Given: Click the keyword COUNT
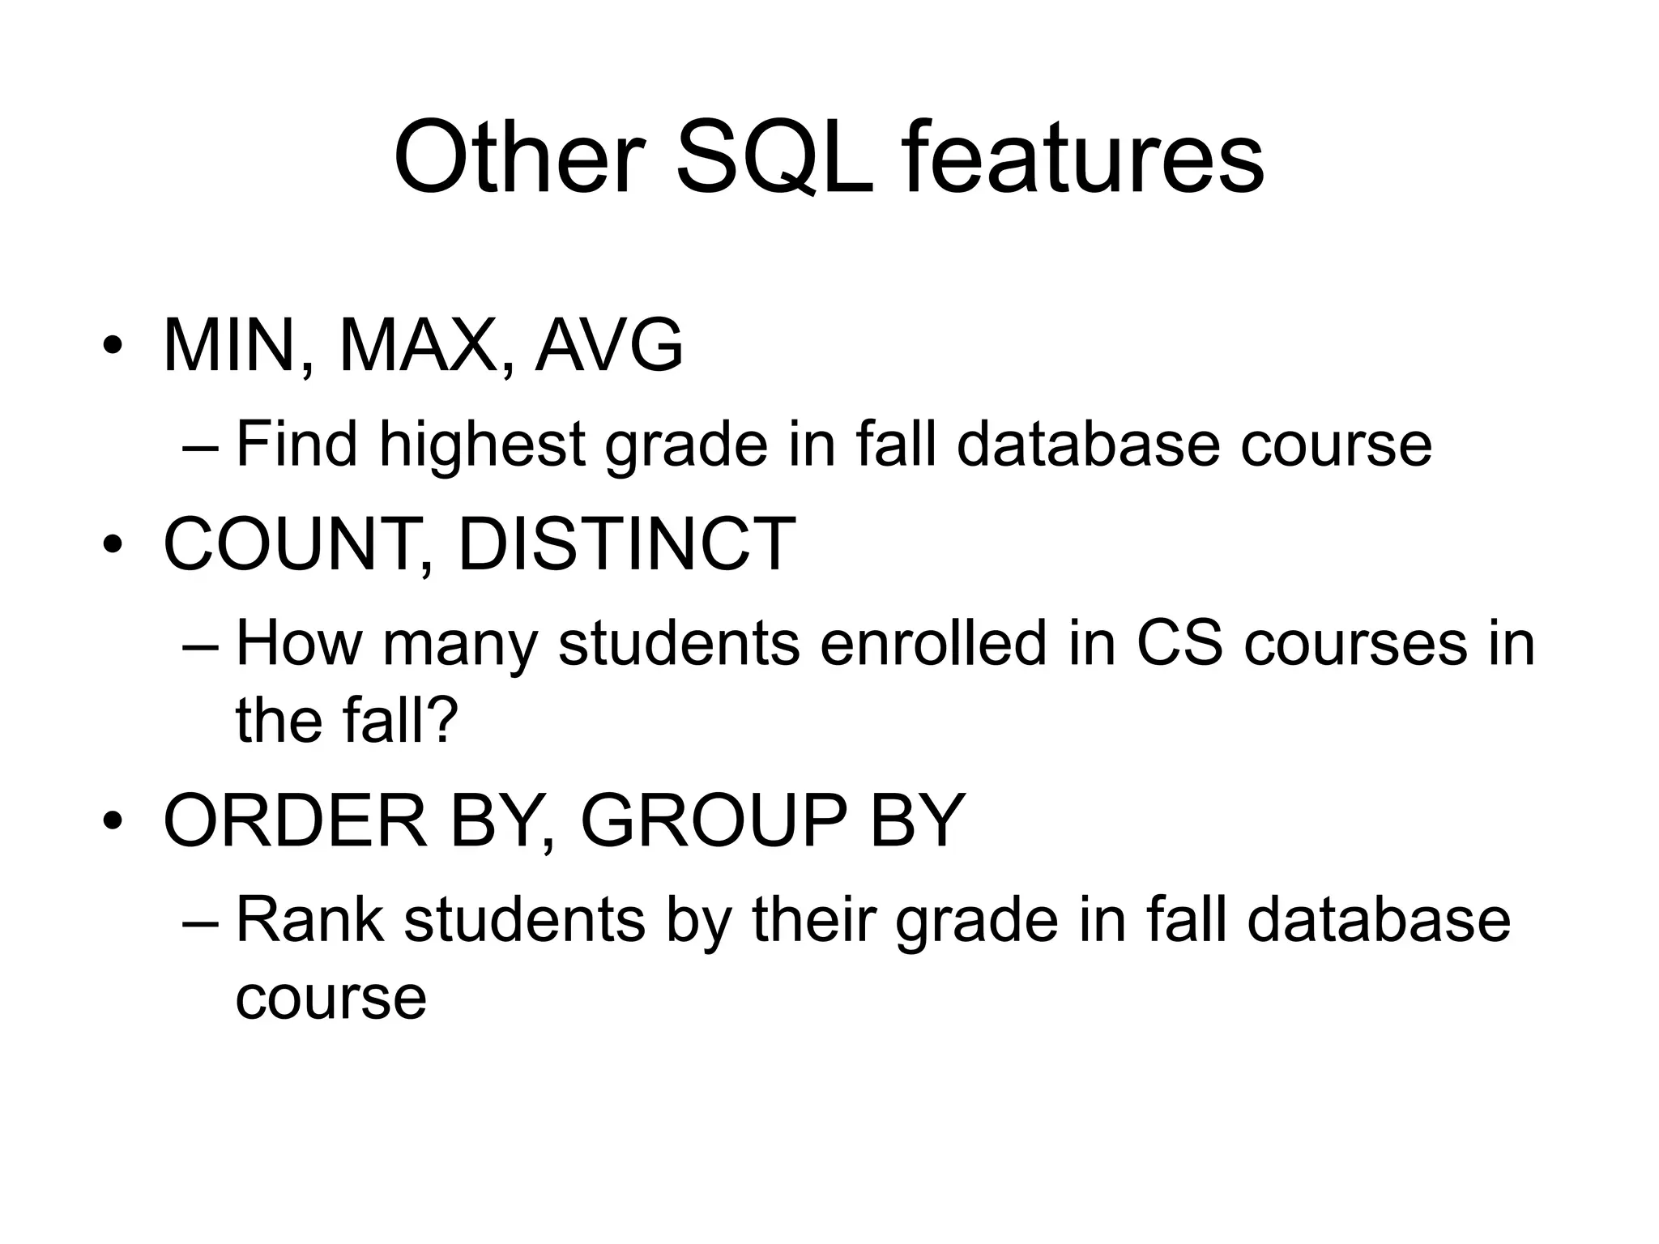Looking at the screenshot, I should [x=288, y=544].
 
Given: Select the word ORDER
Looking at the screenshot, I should [x=295, y=821].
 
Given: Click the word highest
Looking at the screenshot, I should [x=482, y=445].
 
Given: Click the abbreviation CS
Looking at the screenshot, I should [x=1179, y=644].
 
